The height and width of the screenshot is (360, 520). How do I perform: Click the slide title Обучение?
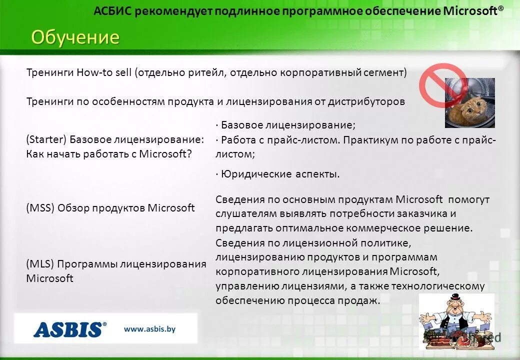coord(75,37)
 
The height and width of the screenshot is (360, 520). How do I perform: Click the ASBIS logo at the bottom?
coord(70,329)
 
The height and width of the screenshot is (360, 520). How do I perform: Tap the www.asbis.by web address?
coord(150,329)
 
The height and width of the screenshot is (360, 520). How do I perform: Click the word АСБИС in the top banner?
coord(113,11)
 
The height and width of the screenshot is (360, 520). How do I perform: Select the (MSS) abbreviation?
coord(40,208)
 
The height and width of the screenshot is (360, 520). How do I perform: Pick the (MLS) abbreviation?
coord(39,264)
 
